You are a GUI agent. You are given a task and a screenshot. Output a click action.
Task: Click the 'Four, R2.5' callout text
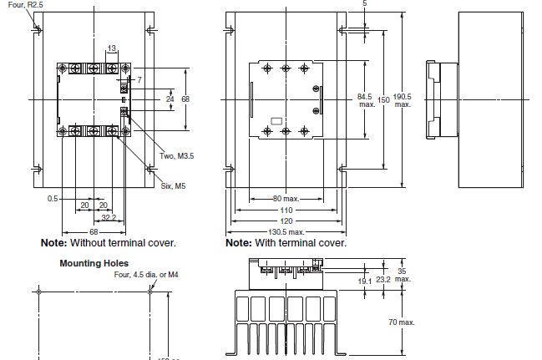[x=20, y=5]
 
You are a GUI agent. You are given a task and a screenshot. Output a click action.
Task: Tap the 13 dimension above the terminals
[x=112, y=49]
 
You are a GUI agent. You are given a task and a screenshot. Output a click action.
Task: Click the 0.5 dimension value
[x=53, y=198]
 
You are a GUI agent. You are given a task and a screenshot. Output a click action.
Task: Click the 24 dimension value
[x=170, y=99]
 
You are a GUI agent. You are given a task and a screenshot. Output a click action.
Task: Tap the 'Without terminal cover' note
[x=109, y=243]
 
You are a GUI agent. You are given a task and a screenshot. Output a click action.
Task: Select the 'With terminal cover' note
[x=286, y=243]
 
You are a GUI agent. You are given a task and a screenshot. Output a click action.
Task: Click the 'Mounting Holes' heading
[x=93, y=262]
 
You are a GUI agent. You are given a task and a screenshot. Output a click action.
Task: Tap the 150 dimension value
[x=383, y=99]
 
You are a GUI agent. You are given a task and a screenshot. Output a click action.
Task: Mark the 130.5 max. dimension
[x=286, y=231]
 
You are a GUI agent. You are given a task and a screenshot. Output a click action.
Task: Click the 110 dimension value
[x=286, y=210]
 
